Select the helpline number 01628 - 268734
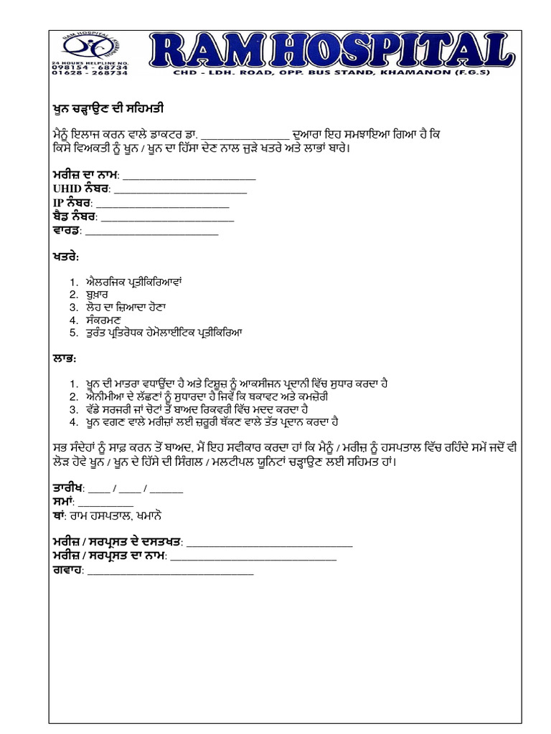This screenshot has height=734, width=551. [90, 72]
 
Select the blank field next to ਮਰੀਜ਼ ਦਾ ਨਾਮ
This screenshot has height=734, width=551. [190, 177]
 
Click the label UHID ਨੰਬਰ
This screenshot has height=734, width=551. [80, 190]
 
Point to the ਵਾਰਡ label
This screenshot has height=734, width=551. [67, 231]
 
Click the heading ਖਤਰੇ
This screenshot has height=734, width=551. [65, 256]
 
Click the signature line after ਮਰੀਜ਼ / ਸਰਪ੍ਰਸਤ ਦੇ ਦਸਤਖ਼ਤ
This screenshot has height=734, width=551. [269, 543]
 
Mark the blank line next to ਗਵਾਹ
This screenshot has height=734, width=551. [171, 571]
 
